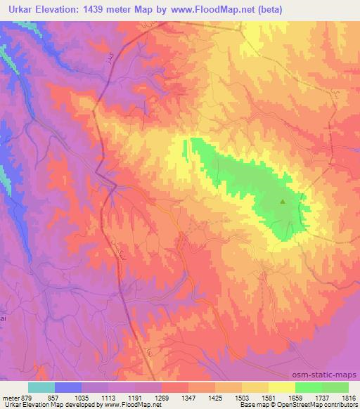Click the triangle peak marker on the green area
[x=283, y=202]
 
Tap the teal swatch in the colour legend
[x=41, y=388]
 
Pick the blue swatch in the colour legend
[x=68, y=388]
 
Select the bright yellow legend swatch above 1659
[x=281, y=388]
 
